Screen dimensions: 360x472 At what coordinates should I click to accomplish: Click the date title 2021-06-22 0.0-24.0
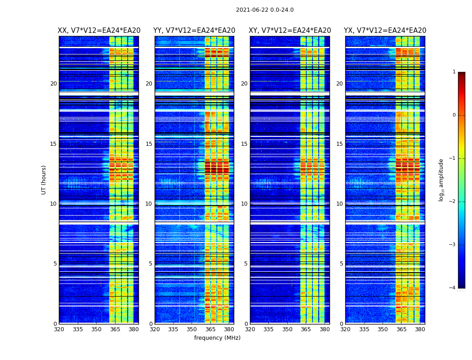(264, 10)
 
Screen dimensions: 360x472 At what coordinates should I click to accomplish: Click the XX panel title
(99, 31)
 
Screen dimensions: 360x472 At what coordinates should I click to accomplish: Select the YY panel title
(194, 31)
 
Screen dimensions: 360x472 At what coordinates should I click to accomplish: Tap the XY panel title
(290, 31)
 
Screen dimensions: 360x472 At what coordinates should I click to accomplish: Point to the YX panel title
(385, 31)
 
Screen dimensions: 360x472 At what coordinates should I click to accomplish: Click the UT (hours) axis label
(44, 180)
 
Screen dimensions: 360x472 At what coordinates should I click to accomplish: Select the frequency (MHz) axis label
(217, 338)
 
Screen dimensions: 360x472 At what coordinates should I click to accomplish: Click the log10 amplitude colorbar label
(441, 180)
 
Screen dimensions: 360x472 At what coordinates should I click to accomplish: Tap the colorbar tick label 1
(454, 72)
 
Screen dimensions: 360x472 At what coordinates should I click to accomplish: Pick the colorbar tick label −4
(453, 288)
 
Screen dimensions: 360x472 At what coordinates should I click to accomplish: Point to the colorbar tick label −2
(453, 202)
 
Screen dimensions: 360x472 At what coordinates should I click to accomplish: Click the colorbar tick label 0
(454, 115)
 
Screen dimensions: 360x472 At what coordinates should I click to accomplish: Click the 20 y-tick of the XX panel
(53, 84)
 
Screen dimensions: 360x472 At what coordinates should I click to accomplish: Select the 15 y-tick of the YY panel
(149, 144)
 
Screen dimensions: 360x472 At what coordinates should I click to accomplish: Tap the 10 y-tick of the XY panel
(244, 204)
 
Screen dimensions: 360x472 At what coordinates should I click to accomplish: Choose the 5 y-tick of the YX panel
(341, 264)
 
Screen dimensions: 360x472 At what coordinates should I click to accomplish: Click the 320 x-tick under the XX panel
(59, 329)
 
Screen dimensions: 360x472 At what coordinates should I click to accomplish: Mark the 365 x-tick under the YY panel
(211, 329)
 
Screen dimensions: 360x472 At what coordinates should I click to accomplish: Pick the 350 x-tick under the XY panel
(287, 329)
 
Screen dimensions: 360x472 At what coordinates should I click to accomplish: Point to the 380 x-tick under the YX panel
(420, 329)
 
